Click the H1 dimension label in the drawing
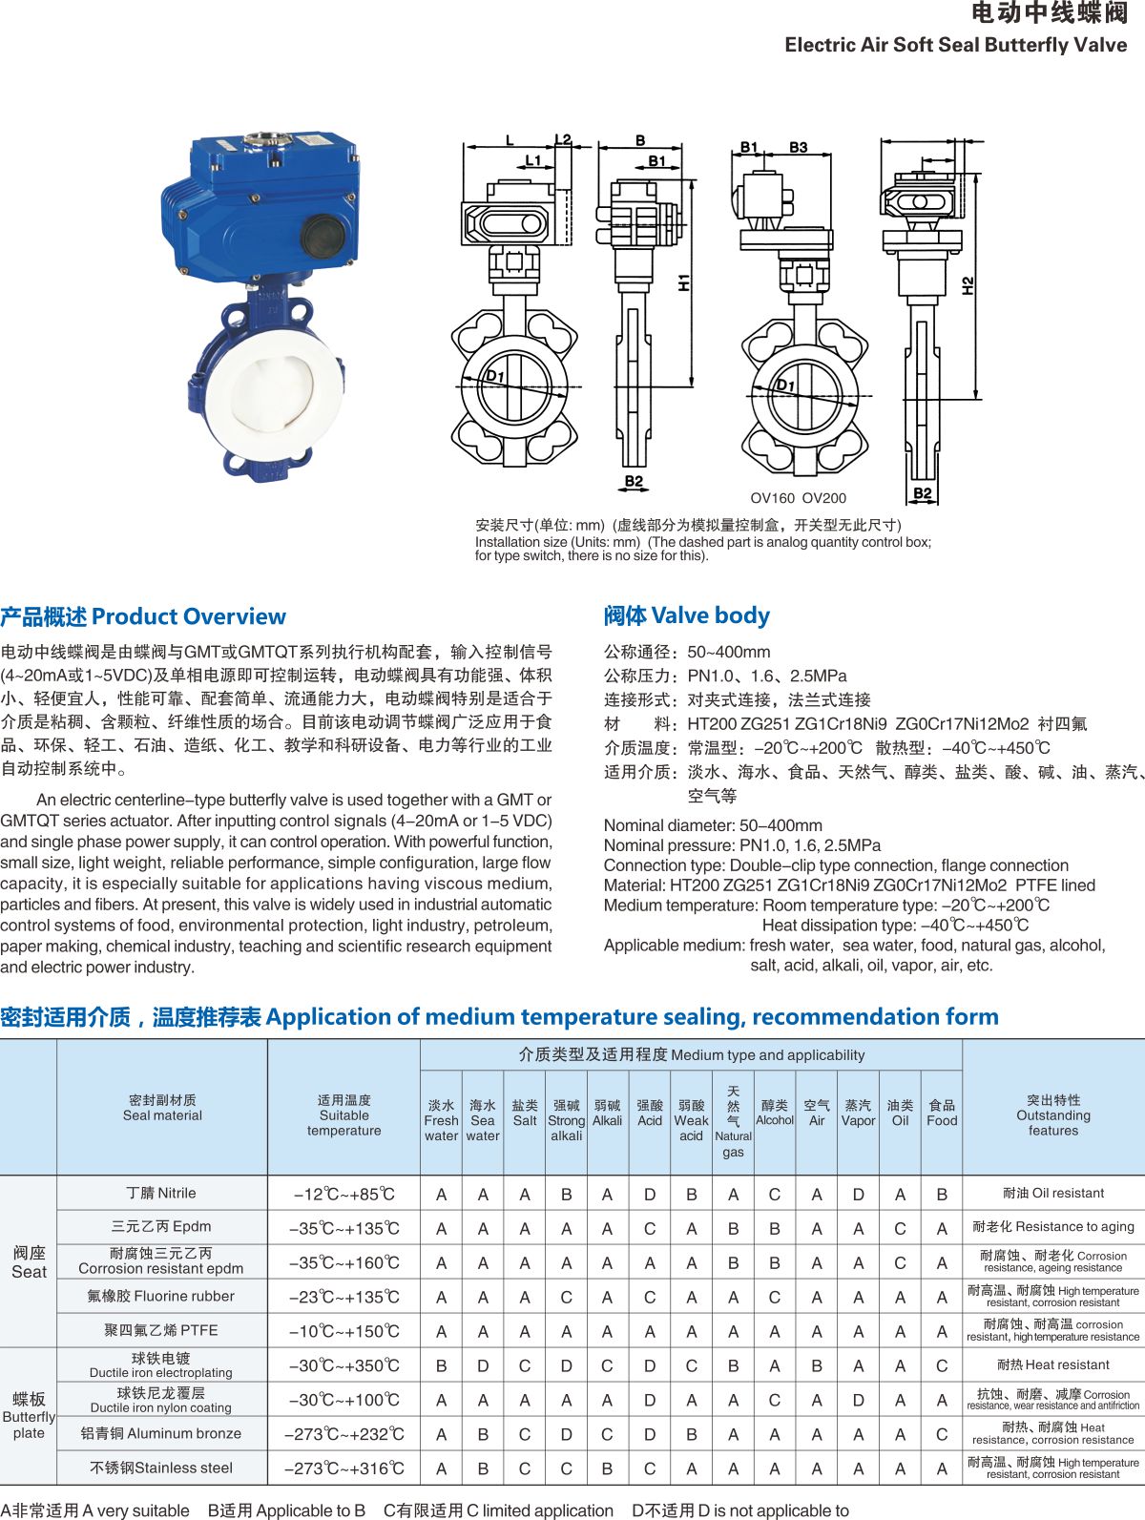pyautogui.click(x=684, y=282)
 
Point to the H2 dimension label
pyautogui.click(x=968, y=285)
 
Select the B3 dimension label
pyautogui.click(x=799, y=147)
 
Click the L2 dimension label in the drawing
pyautogui.click(x=563, y=140)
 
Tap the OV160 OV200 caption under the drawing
pyautogui.click(x=798, y=497)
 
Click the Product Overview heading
pyautogui.click(x=143, y=616)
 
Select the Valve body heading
pyautogui.click(x=686, y=615)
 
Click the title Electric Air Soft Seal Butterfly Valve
pyautogui.click(x=955, y=45)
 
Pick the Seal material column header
pyautogui.click(x=162, y=1108)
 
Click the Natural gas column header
pyautogui.click(x=733, y=1122)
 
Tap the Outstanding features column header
pyautogui.click(x=1053, y=1115)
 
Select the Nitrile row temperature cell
pyautogui.click(x=343, y=1194)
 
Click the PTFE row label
pyautogui.click(x=161, y=1330)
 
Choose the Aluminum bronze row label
pyautogui.click(x=161, y=1433)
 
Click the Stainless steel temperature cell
pyautogui.click(x=343, y=1468)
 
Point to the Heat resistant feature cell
pyautogui.click(x=1053, y=1364)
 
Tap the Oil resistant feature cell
pyautogui.click(x=1053, y=1193)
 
